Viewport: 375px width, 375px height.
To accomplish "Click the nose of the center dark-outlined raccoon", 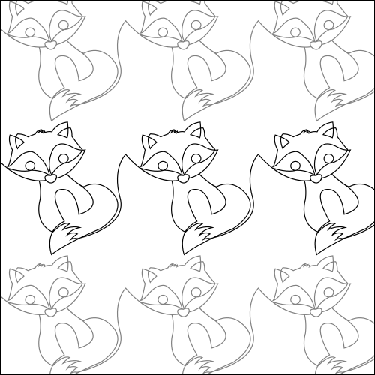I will pyautogui.click(x=183, y=178).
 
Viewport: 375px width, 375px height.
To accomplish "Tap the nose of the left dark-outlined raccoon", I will pyautogui.click(x=49, y=178).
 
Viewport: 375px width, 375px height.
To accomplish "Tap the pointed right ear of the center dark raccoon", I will pyautogui.click(x=196, y=131).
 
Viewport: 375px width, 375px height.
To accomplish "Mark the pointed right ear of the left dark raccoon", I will pyautogui.click(x=63, y=131).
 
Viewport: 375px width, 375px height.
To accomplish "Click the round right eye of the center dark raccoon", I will pyautogui.click(x=196, y=157).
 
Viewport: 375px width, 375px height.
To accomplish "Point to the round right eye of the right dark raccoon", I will pyautogui.click(x=329, y=157).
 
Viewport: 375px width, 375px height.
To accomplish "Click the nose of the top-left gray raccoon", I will pyautogui.click(x=49, y=45).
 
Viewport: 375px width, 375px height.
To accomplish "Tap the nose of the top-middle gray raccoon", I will pyautogui.click(x=183, y=45).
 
